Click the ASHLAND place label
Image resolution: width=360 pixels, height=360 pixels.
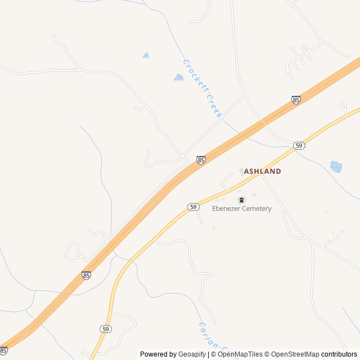click(262, 171)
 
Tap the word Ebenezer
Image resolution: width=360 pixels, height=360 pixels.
click(227, 209)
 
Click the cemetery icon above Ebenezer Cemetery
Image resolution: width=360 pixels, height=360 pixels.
click(242, 200)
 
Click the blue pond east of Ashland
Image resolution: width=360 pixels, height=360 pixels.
click(336, 166)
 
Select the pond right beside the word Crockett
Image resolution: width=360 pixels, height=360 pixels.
click(178, 78)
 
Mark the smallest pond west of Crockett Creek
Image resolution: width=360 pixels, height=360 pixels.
click(146, 56)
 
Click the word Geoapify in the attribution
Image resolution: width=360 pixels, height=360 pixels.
click(192, 354)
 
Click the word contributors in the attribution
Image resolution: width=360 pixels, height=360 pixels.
click(339, 354)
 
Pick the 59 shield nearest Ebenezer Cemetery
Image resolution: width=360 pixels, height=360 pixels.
click(193, 207)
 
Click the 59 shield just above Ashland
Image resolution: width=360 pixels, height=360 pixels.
click(299, 145)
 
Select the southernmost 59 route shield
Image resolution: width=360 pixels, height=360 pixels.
click(106, 328)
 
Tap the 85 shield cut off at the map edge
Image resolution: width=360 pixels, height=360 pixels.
click(3, 350)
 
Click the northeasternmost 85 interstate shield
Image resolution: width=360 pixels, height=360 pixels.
click(296, 100)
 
